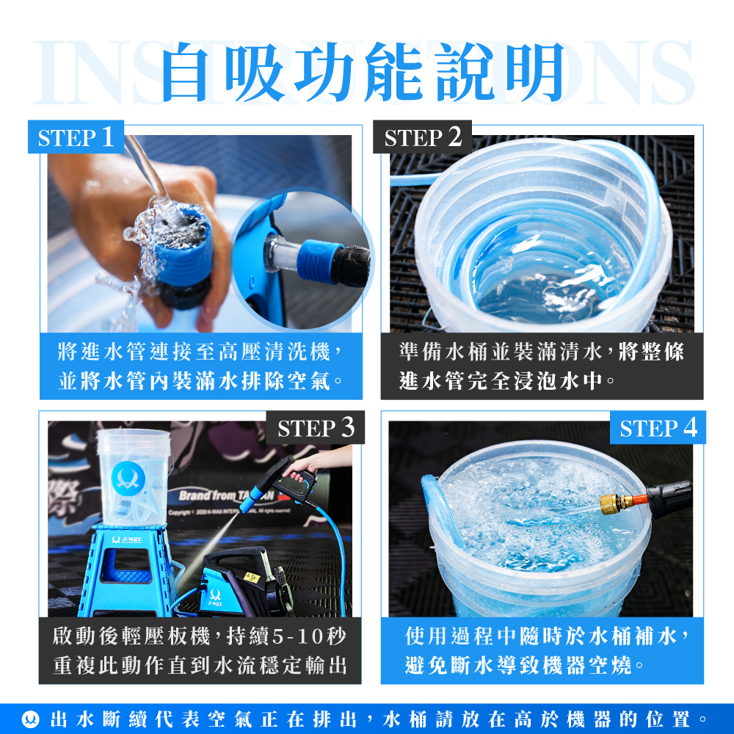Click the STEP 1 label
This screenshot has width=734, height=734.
click(76, 137)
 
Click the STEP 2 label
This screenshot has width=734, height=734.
click(423, 137)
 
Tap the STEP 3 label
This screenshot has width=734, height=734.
click(316, 427)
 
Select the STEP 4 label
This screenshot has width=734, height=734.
click(658, 427)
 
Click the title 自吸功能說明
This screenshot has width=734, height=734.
click(365, 72)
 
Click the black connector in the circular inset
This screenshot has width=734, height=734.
click(352, 266)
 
